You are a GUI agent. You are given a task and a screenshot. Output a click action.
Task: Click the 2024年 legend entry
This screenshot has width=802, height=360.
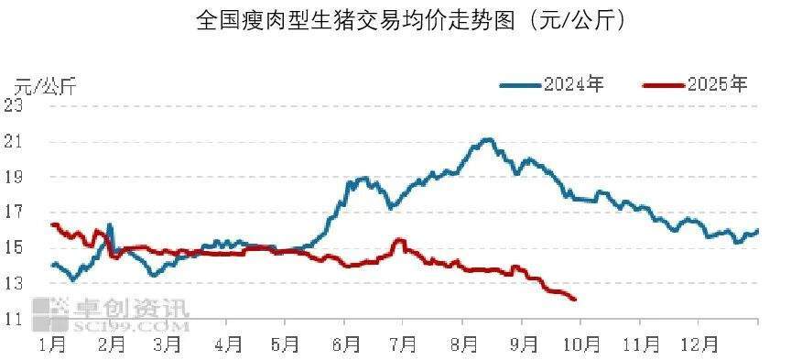coord(552,85)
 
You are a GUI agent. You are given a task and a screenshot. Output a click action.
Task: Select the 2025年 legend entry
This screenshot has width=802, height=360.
coord(696,85)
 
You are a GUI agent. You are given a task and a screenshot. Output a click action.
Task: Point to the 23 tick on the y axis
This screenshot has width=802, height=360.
coord(13,105)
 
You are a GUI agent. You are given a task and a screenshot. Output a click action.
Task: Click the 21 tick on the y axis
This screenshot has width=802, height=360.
coord(13,141)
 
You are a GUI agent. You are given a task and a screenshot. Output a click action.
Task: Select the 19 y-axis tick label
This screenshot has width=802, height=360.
coord(13,177)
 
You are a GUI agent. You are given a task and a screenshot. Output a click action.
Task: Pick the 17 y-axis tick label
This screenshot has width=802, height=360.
coord(13,213)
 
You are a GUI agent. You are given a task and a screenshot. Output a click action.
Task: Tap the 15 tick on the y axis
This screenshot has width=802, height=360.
coord(13,248)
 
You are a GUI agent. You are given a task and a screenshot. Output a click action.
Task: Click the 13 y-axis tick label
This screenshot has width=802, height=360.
coord(13,284)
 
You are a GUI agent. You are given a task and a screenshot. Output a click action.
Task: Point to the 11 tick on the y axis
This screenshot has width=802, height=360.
coord(13,320)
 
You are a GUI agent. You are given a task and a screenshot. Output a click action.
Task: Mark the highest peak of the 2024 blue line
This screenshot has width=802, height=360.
coord(488,139)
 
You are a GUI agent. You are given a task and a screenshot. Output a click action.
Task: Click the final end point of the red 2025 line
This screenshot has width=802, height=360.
coord(574,300)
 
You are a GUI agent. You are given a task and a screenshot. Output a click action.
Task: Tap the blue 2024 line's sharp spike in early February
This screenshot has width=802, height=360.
coord(110,224)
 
